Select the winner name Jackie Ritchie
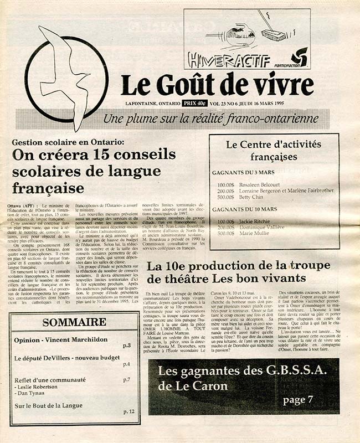coord(257,220)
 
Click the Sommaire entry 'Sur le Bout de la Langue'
coord(49,405)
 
